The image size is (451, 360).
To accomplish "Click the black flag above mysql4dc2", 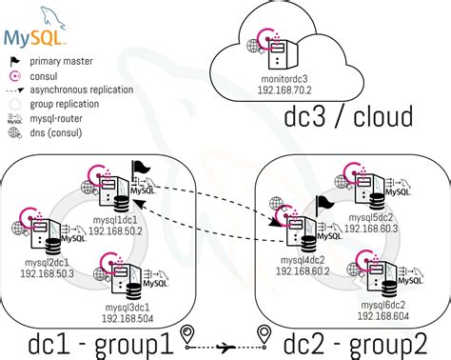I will pos(324,205).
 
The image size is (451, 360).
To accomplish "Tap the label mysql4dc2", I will pos(302,258).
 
